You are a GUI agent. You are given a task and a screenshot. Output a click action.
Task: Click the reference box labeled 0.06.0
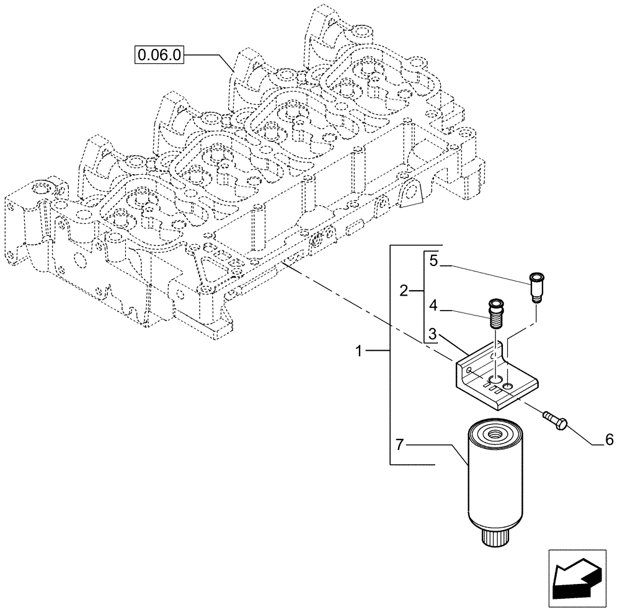159,55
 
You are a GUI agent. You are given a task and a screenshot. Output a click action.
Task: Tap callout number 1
359,352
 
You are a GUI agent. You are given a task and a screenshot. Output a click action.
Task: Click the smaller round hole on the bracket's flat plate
508,387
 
